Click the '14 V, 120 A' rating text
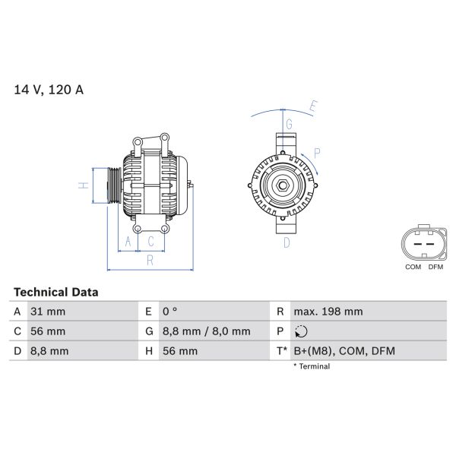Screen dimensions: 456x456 click(x=49, y=90)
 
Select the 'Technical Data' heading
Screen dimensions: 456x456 click(x=55, y=292)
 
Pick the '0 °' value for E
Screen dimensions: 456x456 click(x=169, y=312)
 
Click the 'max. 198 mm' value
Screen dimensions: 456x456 click(x=328, y=312)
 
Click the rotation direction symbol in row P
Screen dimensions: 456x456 click(x=301, y=331)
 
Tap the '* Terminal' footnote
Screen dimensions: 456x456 click(x=312, y=366)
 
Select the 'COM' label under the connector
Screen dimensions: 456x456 click(x=413, y=268)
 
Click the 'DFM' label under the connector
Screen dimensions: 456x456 click(x=435, y=268)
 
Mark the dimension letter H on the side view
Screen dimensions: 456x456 click(x=85, y=185)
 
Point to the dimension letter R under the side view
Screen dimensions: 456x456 click(x=150, y=261)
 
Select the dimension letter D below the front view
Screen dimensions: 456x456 click(x=287, y=243)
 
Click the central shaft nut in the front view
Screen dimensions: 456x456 click(x=282, y=185)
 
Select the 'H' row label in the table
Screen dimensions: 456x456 click(x=147, y=351)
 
